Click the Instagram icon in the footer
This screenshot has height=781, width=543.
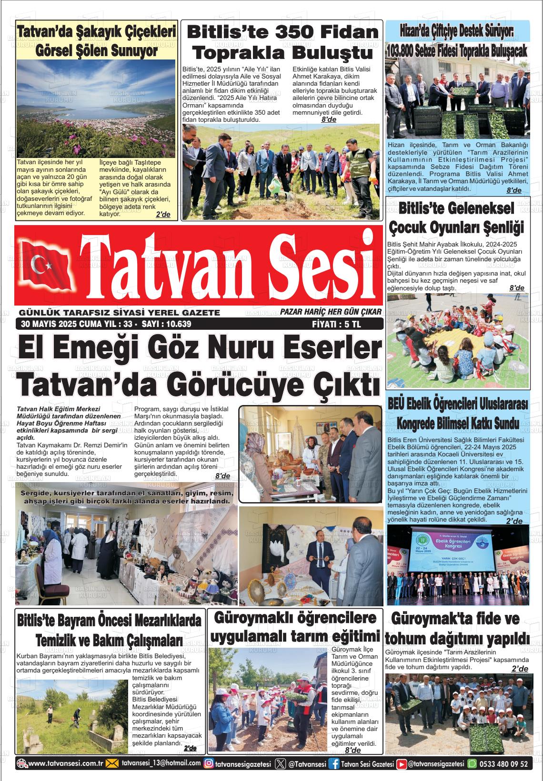point(208,764)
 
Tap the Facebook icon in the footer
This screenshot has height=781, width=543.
point(335,764)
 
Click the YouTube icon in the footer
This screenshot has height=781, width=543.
point(402,764)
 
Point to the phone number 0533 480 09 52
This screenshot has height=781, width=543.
point(503,764)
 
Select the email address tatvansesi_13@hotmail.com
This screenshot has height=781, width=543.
point(161,764)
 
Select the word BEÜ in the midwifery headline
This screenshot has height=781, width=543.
point(399,404)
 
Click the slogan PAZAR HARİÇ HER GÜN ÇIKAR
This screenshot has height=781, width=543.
point(331,312)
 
